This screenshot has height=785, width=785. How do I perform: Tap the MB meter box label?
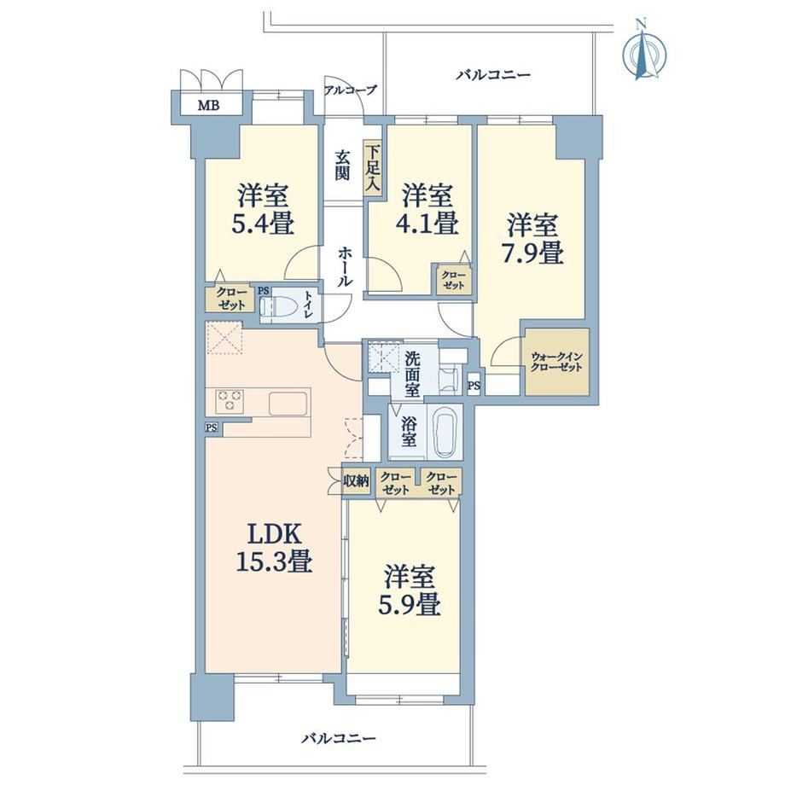[208, 106]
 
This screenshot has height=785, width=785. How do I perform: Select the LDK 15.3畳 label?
[275, 548]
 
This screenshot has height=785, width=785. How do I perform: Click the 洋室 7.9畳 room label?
[532, 239]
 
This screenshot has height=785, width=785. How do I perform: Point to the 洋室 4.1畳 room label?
[428, 209]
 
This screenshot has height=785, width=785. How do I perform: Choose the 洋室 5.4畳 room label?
[262, 209]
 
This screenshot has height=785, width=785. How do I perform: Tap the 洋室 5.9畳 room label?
[410, 590]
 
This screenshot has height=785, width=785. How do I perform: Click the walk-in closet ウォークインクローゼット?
[556, 362]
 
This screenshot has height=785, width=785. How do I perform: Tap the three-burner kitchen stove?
[230, 400]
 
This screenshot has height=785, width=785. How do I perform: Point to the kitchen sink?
[288, 404]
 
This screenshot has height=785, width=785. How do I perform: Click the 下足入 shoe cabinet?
[373, 167]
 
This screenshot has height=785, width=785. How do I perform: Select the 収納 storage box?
[356, 481]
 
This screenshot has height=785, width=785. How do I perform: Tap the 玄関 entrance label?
[342, 166]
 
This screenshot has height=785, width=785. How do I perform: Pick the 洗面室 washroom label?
[412, 375]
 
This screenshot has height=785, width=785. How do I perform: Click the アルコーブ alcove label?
[350, 90]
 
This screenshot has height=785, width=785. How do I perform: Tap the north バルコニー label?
[493, 75]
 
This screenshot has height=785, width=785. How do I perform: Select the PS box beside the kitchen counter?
[212, 427]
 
